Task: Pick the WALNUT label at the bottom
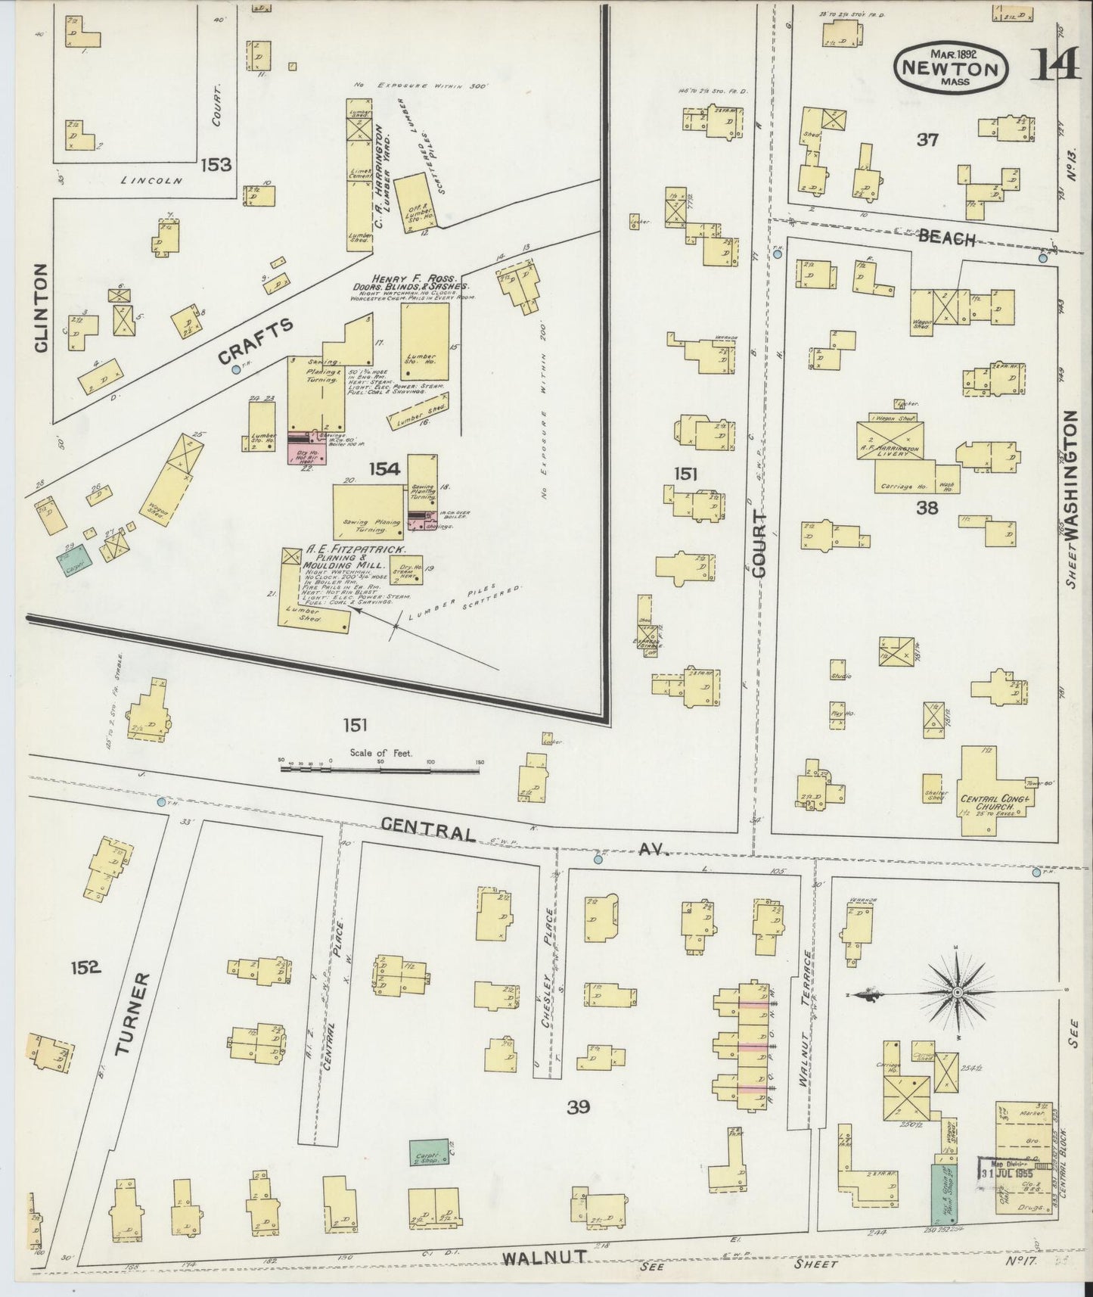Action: (545, 1257)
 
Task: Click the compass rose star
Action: (958, 992)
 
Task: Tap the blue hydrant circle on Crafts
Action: (237, 370)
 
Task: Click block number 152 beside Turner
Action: (85, 967)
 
